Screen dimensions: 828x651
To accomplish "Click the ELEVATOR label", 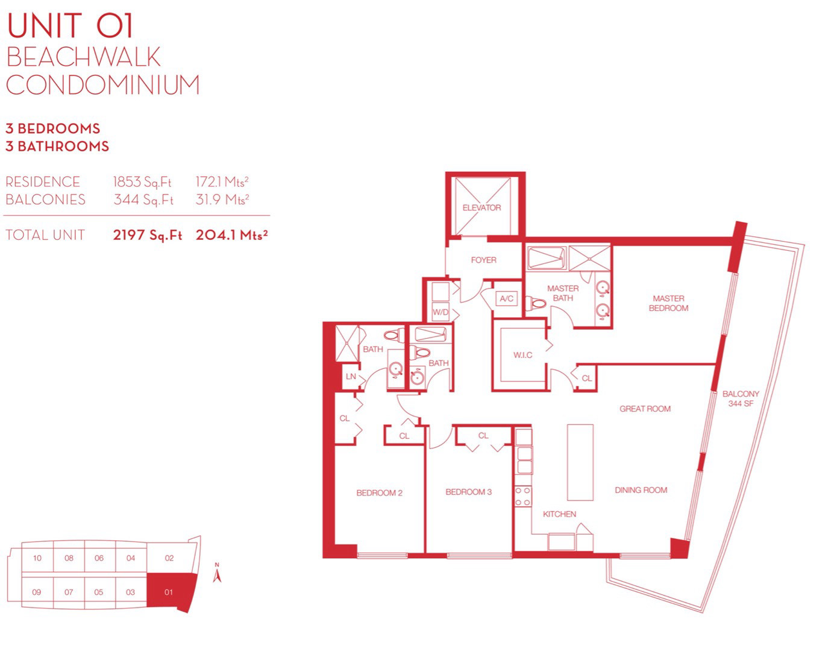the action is pos(481,208).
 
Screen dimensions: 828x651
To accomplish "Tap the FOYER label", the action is pos(483,260).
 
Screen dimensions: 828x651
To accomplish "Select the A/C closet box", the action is pos(506,298).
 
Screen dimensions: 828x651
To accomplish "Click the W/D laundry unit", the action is pos(441,312).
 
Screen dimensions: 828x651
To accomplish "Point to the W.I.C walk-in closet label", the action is pos(523,355).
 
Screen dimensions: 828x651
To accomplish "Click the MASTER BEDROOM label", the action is pos(668,303).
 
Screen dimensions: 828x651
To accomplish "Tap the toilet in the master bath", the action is pos(536,304).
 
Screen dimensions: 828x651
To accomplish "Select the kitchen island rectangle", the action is pos(580,462).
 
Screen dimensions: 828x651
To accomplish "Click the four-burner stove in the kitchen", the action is pos(523,497).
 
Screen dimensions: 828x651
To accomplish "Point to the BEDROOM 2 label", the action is pos(379,493).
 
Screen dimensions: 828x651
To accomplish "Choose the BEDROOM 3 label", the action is pos(468,492).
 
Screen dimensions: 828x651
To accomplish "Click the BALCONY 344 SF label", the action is pos(741,398).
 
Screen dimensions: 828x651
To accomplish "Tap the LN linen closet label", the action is pos(351,377).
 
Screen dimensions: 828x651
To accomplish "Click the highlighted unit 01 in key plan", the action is pos(172,592).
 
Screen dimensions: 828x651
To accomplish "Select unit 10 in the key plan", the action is pos(37,558).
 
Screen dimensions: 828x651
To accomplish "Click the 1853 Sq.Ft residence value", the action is pos(142,182).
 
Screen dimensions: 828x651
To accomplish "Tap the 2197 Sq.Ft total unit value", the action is pos(148,235).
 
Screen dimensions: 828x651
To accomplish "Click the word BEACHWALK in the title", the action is pos(83,57).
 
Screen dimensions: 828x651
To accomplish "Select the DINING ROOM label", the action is pos(641,490).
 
